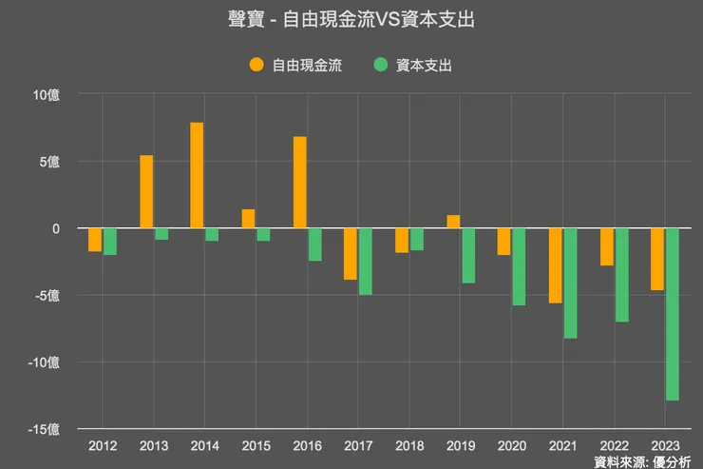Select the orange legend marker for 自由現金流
[x=256, y=66]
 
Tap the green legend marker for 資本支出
[x=380, y=66]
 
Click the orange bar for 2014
[x=197, y=175]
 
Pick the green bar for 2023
[x=673, y=314]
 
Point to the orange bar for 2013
[x=146, y=191]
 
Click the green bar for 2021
[x=570, y=283]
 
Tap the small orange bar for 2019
[x=453, y=222]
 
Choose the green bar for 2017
[x=365, y=262]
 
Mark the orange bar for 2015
[x=248, y=219]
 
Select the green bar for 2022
[x=621, y=275]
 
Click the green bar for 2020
[x=519, y=266]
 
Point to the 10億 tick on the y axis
[x=46, y=94]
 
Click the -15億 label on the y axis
[x=44, y=429]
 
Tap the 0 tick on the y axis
[x=55, y=228]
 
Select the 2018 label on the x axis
[x=408, y=445]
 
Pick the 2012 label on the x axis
[x=103, y=445]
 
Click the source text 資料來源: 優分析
[x=643, y=461]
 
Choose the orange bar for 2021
[x=555, y=265]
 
